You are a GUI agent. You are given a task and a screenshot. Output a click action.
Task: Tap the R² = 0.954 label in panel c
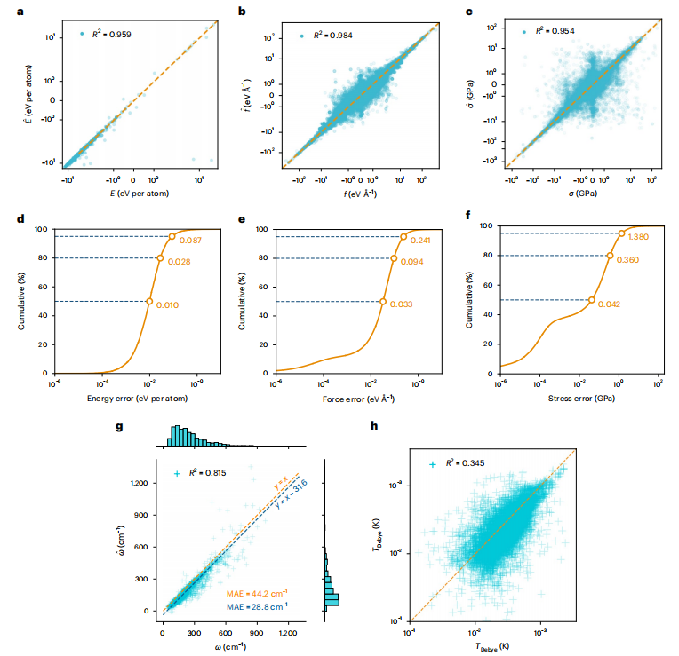point(557,30)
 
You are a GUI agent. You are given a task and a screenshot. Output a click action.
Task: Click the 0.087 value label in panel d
point(191,241)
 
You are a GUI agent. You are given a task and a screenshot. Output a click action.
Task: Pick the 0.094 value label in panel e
point(413,263)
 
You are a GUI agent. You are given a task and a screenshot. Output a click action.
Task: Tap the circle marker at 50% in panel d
point(149,301)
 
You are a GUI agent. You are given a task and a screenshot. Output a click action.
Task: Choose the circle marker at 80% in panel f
point(610,255)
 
